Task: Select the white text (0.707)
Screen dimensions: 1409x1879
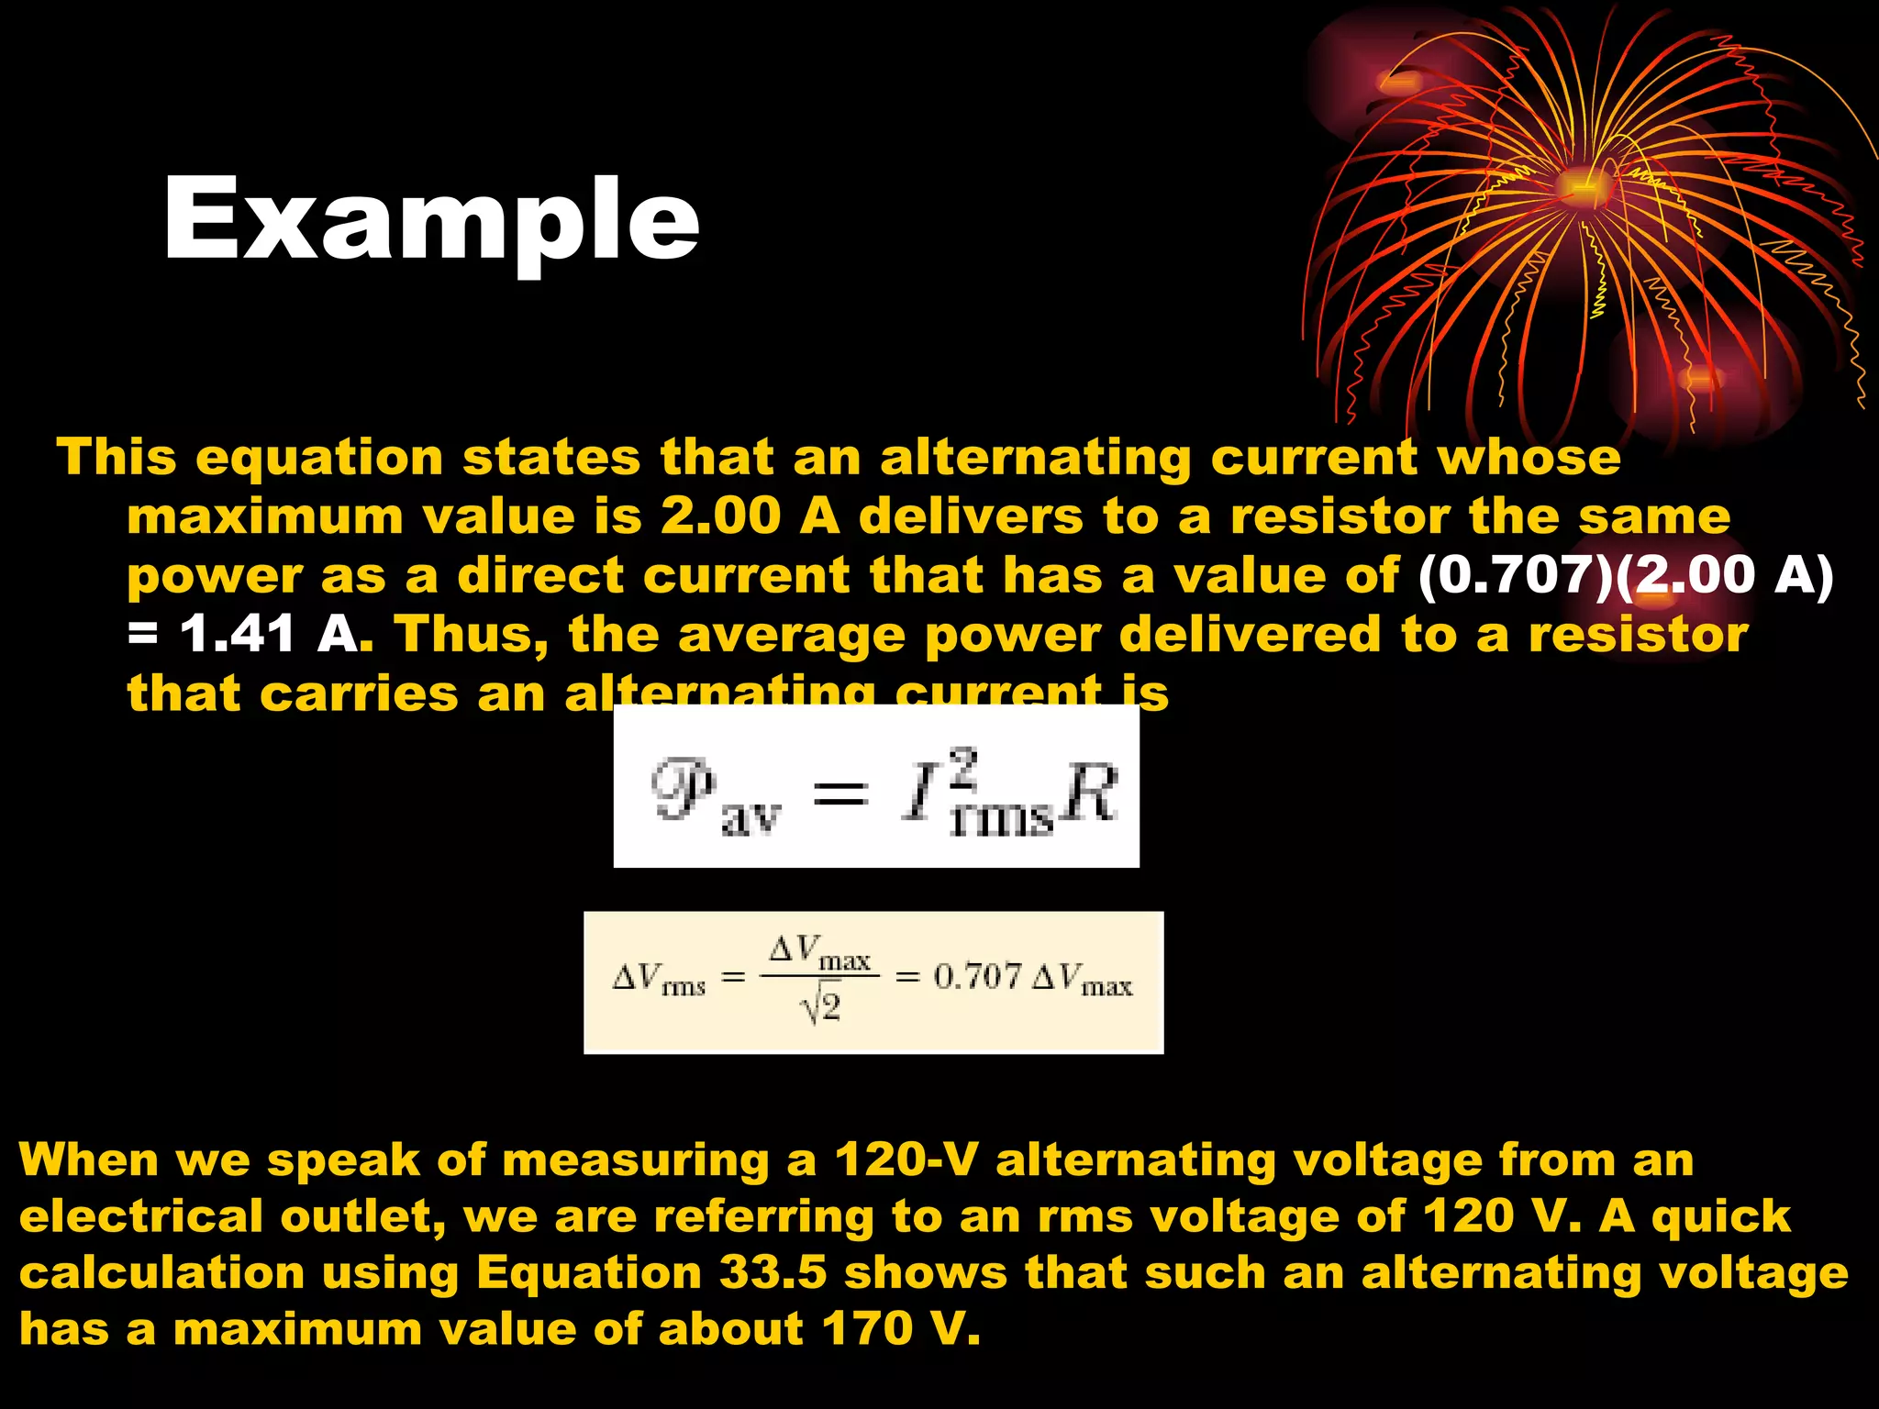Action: pos(1514,576)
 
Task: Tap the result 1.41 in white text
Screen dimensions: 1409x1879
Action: pos(237,635)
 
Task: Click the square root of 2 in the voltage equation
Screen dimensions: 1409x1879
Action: pos(820,1008)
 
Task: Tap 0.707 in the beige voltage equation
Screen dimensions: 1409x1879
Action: pos(976,977)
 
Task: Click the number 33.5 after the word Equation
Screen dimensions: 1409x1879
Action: pos(773,1273)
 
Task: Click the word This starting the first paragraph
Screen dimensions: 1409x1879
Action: pos(117,457)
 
